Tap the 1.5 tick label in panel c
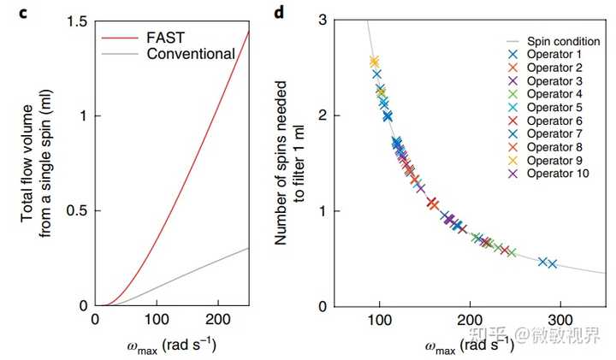click(x=78, y=21)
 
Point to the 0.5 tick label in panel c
click(x=78, y=210)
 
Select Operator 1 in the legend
click(x=555, y=54)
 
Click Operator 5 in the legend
click(x=555, y=107)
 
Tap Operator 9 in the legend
click(x=555, y=160)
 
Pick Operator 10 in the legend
click(x=558, y=174)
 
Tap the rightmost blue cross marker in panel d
click(x=553, y=264)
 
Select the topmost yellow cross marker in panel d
click(x=374, y=62)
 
